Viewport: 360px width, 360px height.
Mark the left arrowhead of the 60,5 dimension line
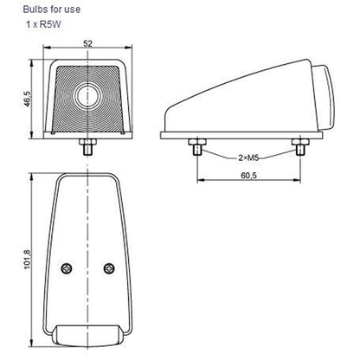[x=201, y=181]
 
